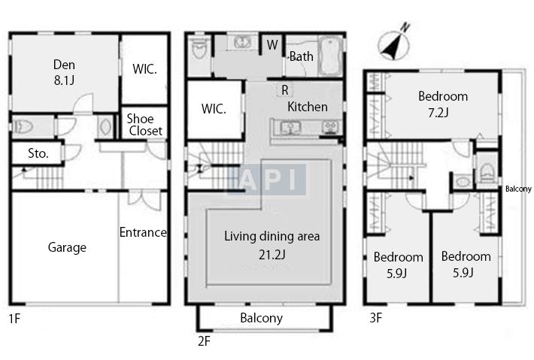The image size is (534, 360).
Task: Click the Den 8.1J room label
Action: coord(64,72)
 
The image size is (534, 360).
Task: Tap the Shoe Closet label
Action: coord(144,125)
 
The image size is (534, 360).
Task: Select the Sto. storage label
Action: coord(38,153)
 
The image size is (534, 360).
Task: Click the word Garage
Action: coord(67,247)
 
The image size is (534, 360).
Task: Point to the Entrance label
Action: coord(143,232)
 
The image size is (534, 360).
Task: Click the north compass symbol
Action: coord(395,42)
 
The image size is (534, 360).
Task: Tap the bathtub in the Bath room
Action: coord(330,56)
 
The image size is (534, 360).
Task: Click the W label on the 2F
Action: coord(272,44)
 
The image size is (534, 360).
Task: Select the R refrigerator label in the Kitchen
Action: coord(285,90)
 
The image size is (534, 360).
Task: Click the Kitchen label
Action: coord(308,107)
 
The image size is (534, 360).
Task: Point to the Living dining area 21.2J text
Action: coord(272,245)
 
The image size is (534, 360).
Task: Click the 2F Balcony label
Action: coord(261,318)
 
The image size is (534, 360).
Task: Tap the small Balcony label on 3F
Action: coord(518,189)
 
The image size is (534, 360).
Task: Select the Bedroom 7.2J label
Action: coord(443,104)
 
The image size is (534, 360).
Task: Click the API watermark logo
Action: coord(267,180)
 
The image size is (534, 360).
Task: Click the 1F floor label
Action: coord(14,319)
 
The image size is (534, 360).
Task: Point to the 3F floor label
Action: coord(375,318)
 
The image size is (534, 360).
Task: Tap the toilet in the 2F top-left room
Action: coord(199,49)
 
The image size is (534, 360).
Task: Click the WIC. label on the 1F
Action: coord(144,69)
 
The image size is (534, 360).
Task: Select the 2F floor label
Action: coord(204,341)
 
